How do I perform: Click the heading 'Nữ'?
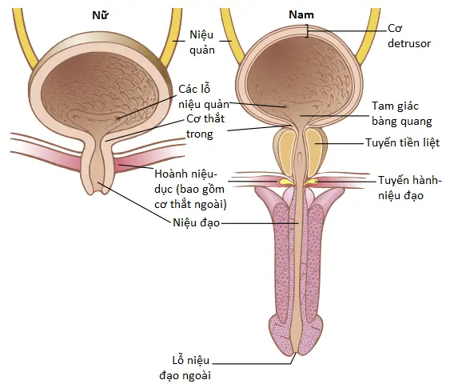click(100, 15)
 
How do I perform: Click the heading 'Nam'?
click(301, 14)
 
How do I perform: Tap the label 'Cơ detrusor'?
click(409, 36)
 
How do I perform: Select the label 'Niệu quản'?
click(201, 42)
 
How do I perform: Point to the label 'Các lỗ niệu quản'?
click(204, 97)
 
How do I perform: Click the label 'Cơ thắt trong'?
click(205, 126)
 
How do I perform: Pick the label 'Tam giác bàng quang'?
click(402, 114)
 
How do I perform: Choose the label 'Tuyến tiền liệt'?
click(402, 142)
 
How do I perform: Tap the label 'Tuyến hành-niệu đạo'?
click(409, 188)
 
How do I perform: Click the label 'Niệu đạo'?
click(197, 222)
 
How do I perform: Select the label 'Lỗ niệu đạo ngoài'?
click(185, 368)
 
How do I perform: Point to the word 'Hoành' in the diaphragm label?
click(168, 174)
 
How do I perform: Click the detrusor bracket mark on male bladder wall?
click(306, 30)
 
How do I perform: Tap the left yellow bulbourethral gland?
click(285, 182)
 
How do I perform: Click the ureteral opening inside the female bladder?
click(117, 118)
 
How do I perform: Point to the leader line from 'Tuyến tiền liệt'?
click(340, 143)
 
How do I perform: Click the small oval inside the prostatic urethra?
click(299, 158)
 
